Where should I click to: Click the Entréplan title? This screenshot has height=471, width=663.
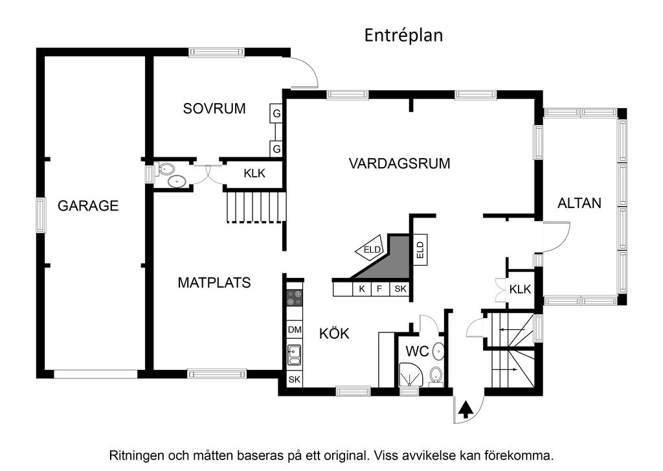(403, 35)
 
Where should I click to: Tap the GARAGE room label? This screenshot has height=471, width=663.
(88, 206)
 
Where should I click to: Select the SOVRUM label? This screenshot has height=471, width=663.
(214, 108)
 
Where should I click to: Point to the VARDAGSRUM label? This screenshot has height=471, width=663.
(399, 163)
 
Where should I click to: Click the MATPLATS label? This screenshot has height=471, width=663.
(214, 282)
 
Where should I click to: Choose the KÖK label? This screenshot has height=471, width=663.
(335, 334)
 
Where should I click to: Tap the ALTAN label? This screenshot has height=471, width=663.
(579, 203)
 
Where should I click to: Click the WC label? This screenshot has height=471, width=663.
(418, 352)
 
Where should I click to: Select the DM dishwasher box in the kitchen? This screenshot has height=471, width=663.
(295, 330)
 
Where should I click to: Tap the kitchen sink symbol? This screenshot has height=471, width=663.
(295, 355)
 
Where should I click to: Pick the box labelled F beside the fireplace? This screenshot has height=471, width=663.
(379, 289)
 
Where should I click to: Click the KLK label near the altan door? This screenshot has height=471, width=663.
(520, 290)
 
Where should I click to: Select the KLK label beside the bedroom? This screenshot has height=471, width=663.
(254, 173)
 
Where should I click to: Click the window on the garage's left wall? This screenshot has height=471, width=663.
(41, 216)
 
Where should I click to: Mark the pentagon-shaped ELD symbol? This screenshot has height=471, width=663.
(370, 248)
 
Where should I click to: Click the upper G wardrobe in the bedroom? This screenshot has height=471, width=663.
(276, 113)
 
